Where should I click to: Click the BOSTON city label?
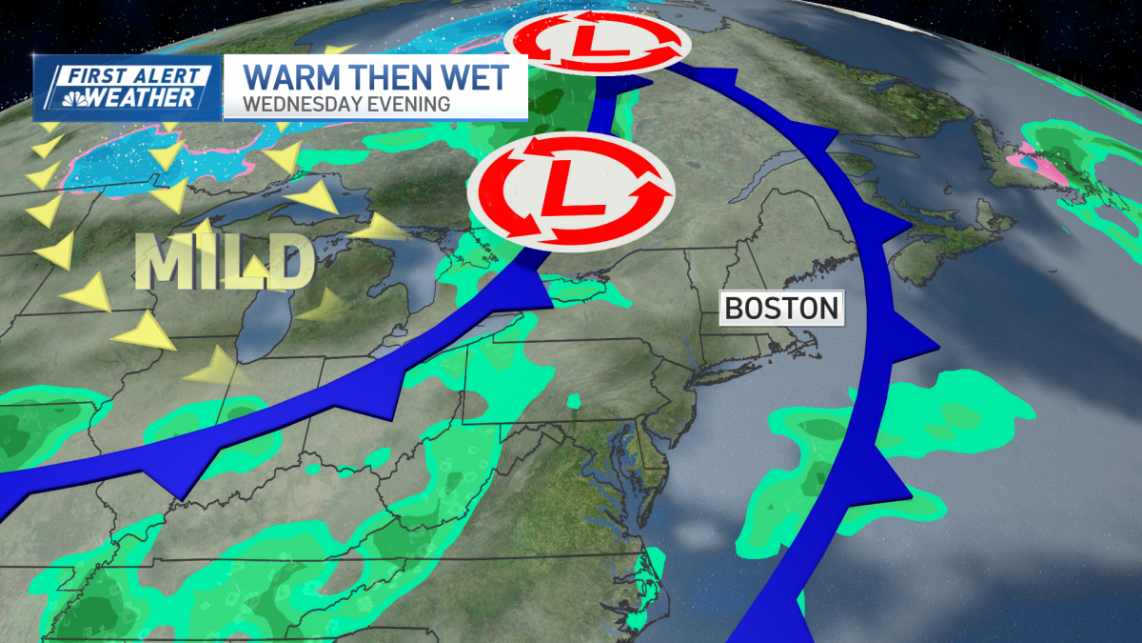tap(780, 308)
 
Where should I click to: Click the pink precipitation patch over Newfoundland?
tap(1048, 171)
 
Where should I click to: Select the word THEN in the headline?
tap(390, 76)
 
